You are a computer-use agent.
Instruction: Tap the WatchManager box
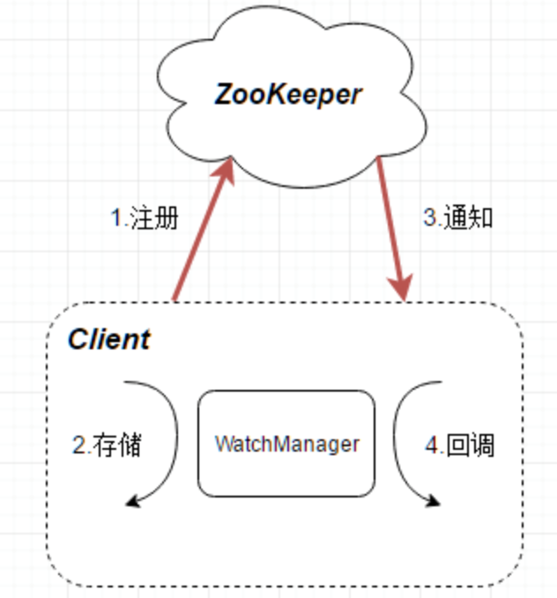point(286,443)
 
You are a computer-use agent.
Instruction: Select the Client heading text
point(109,340)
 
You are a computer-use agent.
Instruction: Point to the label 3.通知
point(457,218)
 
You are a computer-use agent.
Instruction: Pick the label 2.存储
point(107,445)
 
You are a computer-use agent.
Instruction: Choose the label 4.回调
point(459,445)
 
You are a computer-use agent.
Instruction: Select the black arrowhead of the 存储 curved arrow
point(133,502)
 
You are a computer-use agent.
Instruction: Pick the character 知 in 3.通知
point(480,218)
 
